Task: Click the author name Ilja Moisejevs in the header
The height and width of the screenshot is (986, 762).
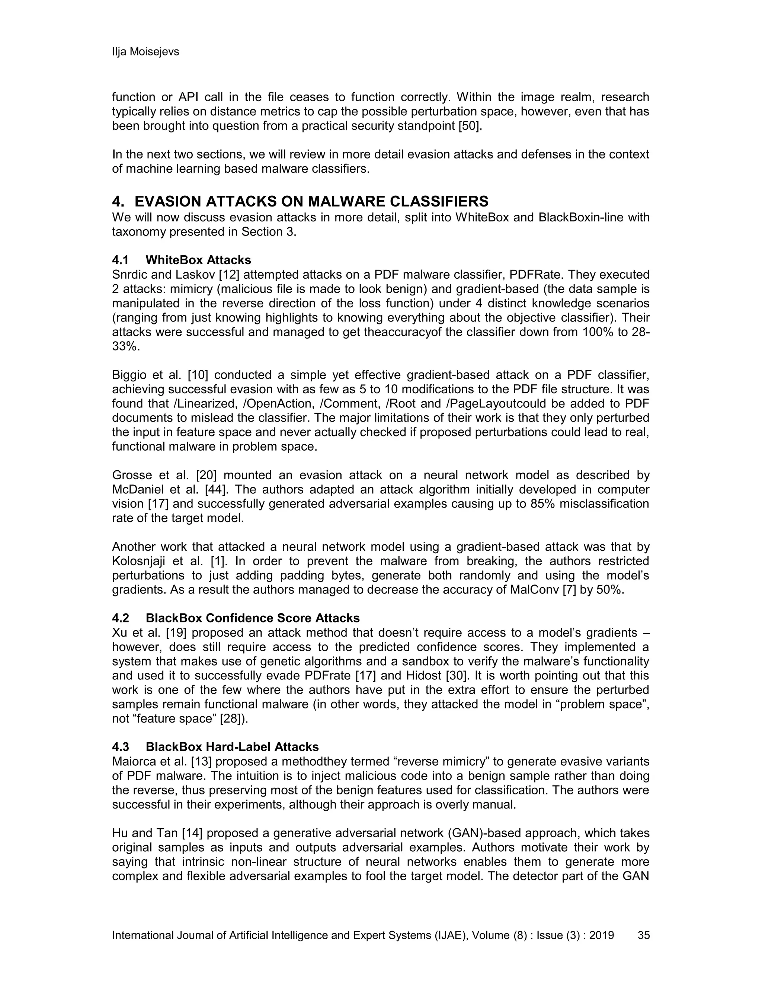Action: coord(145,52)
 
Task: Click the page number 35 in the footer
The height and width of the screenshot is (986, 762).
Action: coord(643,935)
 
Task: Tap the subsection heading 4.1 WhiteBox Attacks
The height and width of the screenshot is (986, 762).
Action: coord(182,260)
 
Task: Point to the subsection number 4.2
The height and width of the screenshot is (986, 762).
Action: coord(121,618)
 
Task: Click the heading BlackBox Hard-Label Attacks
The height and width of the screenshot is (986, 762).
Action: coord(232,747)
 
